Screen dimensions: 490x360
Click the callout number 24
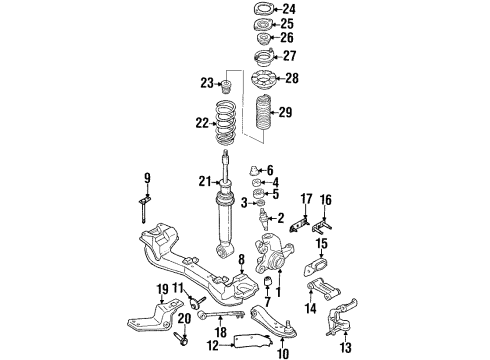(289, 9)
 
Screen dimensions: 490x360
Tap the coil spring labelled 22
(226, 122)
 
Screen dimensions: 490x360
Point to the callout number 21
(205, 182)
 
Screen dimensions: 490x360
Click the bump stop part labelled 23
(227, 86)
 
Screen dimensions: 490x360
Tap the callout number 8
(241, 259)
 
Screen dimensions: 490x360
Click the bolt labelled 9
(144, 209)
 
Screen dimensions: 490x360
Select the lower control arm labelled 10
(272, 321)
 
